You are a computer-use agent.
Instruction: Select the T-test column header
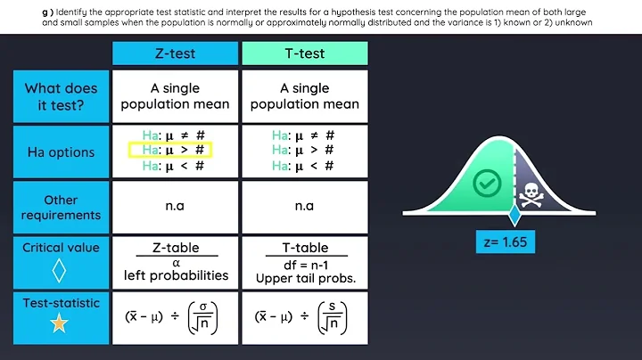305,53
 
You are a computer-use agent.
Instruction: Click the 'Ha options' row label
62,152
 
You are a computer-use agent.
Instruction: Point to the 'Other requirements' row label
62,208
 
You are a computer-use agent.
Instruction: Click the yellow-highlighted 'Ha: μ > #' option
169,151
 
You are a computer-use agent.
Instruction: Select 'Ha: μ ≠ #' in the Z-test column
169,135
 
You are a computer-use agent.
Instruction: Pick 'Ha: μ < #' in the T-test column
304,166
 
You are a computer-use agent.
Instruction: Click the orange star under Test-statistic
60,324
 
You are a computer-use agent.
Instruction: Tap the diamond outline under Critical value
60,269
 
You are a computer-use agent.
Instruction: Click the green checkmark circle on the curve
486,184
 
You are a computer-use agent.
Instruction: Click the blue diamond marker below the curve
513,217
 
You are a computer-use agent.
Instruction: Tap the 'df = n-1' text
304,263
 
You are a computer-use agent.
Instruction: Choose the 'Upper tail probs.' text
304,277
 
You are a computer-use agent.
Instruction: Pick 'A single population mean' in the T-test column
304,96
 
